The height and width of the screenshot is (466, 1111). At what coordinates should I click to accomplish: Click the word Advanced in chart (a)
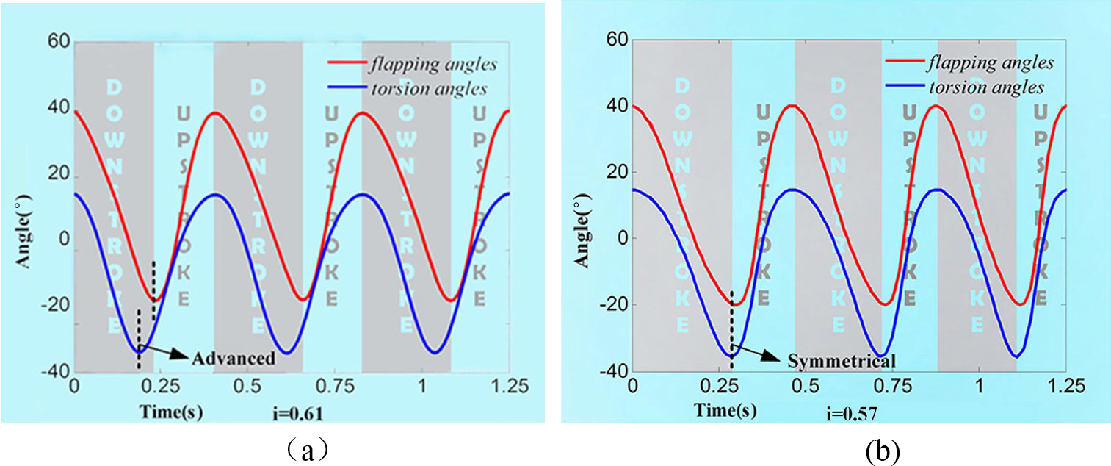click(234, 359)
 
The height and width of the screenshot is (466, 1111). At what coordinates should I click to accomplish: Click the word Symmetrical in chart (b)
click(842, 361)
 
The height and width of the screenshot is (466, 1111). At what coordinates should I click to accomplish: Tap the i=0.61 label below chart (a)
click(298, 415)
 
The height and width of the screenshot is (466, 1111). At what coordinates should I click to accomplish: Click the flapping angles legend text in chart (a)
click(435, 64)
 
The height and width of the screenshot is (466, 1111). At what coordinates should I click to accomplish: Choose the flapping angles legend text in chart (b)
click(991, 62)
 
